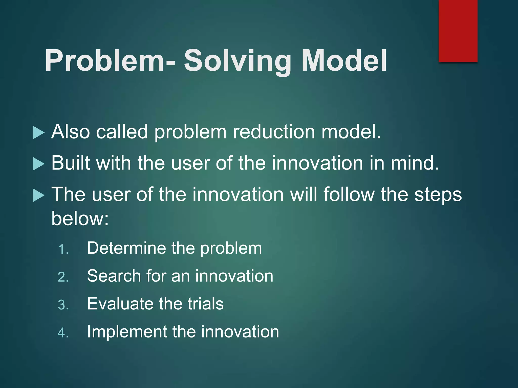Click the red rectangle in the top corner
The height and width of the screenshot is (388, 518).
tap(458, 31)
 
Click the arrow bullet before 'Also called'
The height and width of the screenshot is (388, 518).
tap(39, 133)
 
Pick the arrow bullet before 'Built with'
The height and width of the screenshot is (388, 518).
tap(39, 164)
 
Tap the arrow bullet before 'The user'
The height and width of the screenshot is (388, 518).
tap(39, 196)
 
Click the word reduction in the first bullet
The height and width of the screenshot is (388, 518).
tap(274, 132)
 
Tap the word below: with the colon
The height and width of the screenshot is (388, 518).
tap(80, 219)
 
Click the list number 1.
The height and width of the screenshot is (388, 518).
tap(63, 250)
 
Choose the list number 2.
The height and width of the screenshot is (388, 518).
tap(63, 277)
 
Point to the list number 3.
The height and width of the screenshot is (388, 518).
tap(63, 305)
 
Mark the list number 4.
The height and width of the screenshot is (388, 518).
tap(63, 333)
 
